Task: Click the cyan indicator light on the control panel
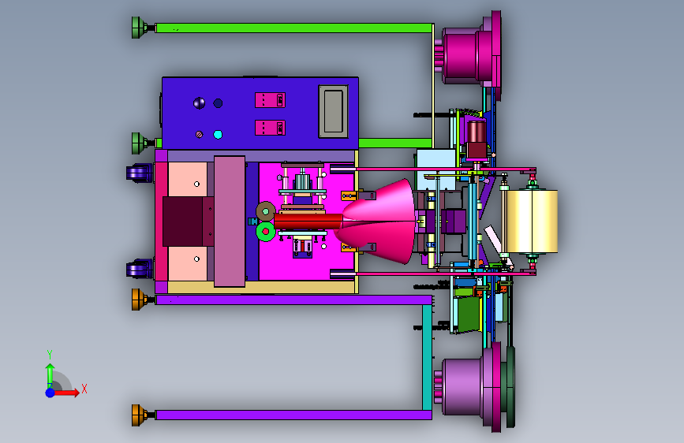point(218,135)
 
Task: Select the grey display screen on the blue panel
point(334,111)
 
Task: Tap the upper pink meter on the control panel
point(270,100)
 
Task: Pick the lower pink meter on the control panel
point(270,128)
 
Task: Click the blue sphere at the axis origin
point(50,393)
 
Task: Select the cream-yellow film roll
point(533,221)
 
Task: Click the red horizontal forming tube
point(308,221)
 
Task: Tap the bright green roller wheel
point(265,232)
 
